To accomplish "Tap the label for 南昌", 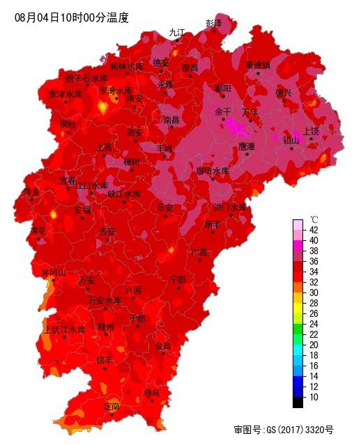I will [171, 120].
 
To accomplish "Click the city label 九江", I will [178, 33].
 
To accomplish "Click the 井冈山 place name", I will [54, 272].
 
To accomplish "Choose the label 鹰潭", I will [247, 146].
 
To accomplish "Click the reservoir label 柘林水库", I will [127, 67].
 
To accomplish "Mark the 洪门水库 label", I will [230, 207].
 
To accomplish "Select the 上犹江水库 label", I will [64, 329].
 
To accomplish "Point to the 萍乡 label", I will [31, 191].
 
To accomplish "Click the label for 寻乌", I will [152, 393].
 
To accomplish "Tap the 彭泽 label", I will [213, 23].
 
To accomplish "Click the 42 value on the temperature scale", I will [314, 230].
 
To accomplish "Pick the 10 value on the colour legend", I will [314, 397].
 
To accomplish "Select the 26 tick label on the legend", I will [314, 313].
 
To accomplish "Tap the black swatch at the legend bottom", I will [298, 403].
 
